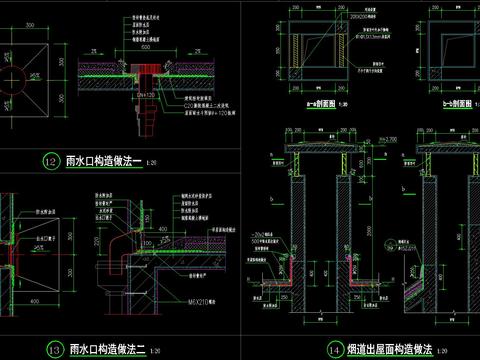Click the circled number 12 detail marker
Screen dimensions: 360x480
pos(48,160)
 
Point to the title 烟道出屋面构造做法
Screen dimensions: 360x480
pos(389,350)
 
